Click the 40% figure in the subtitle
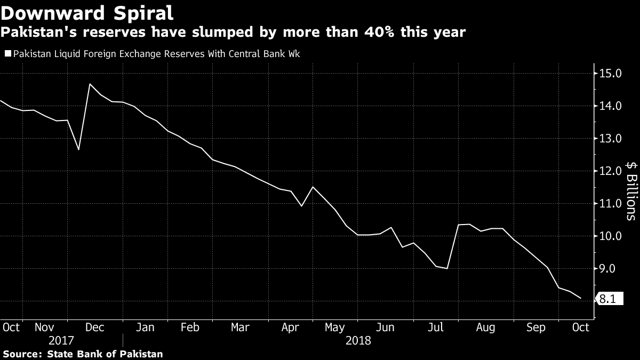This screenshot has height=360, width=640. pos(388,33)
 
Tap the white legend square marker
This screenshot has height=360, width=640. pos(7,54)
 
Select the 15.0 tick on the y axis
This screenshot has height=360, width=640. pos(611,74)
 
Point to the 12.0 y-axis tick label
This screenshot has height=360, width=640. pos(611,171)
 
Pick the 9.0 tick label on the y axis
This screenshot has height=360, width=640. pos(611,269)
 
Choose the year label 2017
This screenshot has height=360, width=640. pos(61,340)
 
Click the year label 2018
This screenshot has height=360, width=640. pos(357,340)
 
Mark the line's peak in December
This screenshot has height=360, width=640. pos(90,84)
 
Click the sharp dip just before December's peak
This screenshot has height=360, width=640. pos(78,149)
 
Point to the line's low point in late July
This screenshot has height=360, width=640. pos(446,268)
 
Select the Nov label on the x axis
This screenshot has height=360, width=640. pos(45,327)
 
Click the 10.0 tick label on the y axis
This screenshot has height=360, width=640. pos(611,236)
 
